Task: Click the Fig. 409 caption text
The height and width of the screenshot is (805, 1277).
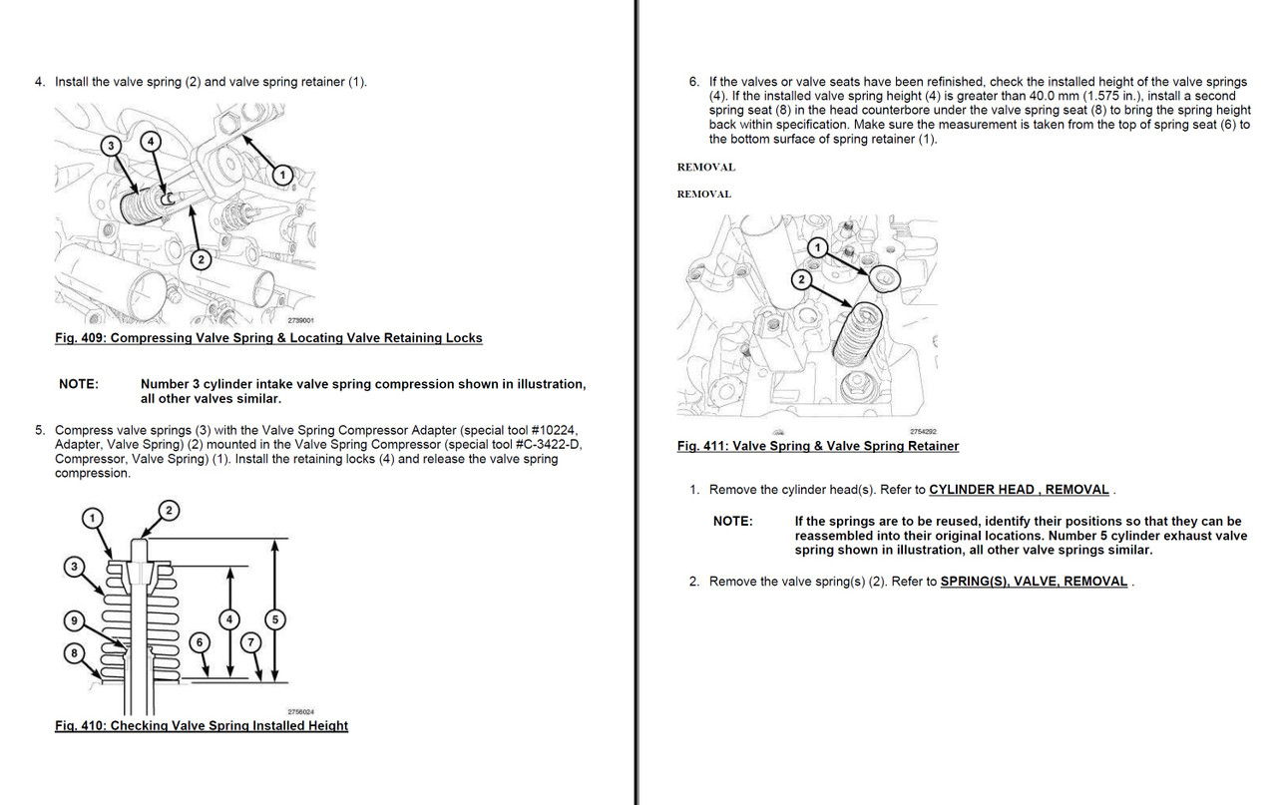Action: pyautogui.click(x=268, y=338)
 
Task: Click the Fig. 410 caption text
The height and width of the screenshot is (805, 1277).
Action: pyautogui.click(x=202, y=725)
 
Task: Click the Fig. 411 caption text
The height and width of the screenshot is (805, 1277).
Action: pyautogui.click(x=817, y=446)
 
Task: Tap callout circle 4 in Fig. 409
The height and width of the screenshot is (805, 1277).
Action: pyautogui.click(x=150, y=142)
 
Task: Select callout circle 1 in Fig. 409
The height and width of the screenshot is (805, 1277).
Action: pyautogui.click(x=282, y=175)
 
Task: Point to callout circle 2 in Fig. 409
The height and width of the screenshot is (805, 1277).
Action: pyautogui.click(x=201, y=259)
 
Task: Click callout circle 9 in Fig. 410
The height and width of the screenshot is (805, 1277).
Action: pyautogui.click(x=73, y=621)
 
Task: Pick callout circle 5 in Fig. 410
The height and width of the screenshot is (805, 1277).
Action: pyautogui.click(x=276, y=619)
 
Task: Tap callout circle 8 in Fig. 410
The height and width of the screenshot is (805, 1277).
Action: pyautogui.click(x=73, y=653)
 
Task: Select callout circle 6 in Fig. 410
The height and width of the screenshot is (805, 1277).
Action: pyautogui.click(x=200, y=642)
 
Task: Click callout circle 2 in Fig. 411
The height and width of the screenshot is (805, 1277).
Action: pyautogui.click(x=799, y=279)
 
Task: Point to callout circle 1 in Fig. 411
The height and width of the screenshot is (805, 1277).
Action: pyautogui.click(x=817, y=246)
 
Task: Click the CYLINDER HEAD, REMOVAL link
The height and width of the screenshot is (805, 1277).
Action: pyautogui.click(x=1019, y=490)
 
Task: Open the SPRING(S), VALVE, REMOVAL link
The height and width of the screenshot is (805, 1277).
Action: pyautogui.click(x=1034, y=582)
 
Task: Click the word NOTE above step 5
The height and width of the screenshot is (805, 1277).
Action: pyautogui.click(x=79, y=385)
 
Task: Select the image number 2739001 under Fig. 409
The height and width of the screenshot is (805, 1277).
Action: pyautogui.click(x=300, y=321)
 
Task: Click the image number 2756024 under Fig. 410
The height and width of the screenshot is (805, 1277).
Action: pyautogui.click(x=300, y=711)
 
